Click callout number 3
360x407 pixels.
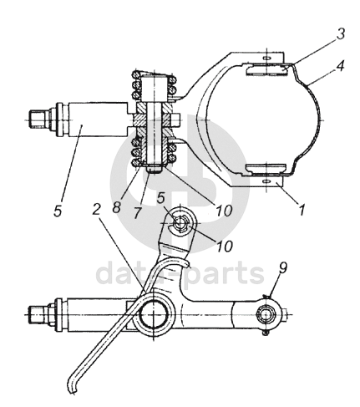click(340, 33)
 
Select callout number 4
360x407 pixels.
click(340, 66)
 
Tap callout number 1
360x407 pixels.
click(302, 210)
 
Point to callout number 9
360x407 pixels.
click(282, 267)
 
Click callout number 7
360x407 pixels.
click(137, 213)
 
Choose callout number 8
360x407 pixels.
click(117, 207)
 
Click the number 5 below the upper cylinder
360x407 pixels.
click(58, 211)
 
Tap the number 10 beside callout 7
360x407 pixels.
click(224, 211)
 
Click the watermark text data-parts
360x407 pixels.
click(180, 273)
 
